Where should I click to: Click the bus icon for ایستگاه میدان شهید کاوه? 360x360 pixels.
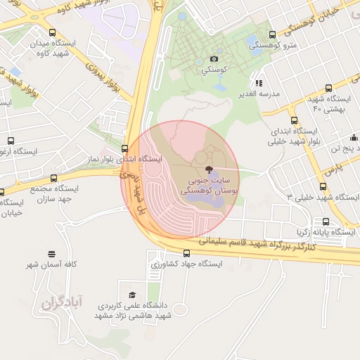pos(53,32)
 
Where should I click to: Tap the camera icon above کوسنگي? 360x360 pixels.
pos(214,59)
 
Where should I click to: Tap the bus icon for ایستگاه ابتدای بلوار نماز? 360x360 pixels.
pos(124,148)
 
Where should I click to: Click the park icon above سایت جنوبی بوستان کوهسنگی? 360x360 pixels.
pos(208,169)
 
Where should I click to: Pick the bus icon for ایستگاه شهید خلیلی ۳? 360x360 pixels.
pos(323,186)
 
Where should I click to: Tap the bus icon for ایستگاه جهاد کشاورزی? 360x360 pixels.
pos(186,253)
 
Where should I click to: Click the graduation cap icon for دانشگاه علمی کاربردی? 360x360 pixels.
pos(132,295)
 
